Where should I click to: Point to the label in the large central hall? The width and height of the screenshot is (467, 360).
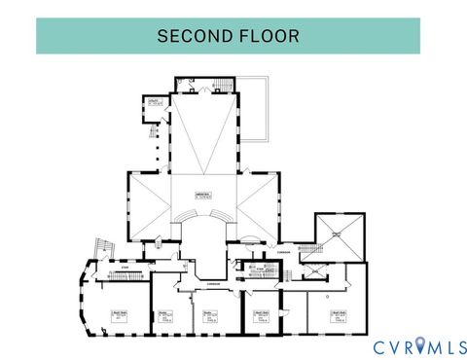[204, 193]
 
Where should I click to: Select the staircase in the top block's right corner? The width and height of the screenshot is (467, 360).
[223, 86]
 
